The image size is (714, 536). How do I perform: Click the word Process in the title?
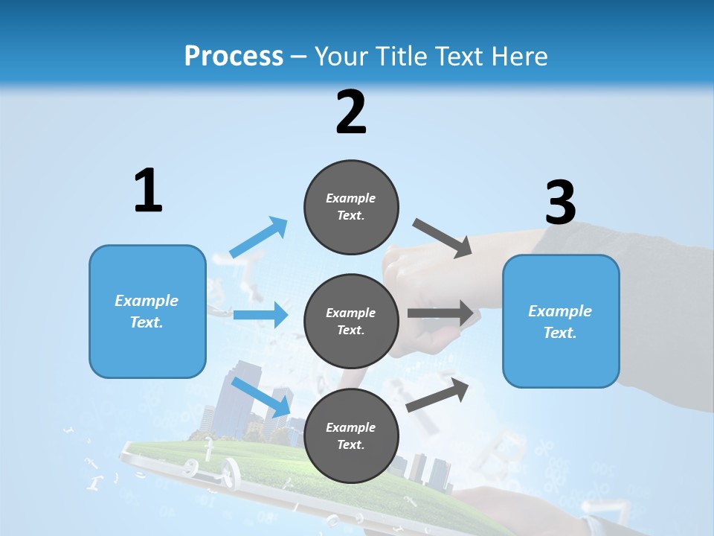point(234,57)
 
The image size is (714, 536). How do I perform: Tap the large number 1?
point(148,191)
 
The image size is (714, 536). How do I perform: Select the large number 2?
point(351,112)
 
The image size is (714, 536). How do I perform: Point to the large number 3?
point(560,203)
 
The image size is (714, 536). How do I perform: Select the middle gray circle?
point(351,321)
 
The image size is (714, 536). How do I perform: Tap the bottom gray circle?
point(351,435)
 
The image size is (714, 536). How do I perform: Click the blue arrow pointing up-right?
point(259,237)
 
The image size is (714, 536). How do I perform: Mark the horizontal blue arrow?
point(260,315)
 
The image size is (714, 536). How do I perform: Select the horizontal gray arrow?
point(440,313)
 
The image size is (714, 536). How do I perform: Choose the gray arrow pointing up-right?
point(438,395)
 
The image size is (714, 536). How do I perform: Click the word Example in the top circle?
point(351,198)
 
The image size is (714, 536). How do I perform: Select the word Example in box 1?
point(147,301)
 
